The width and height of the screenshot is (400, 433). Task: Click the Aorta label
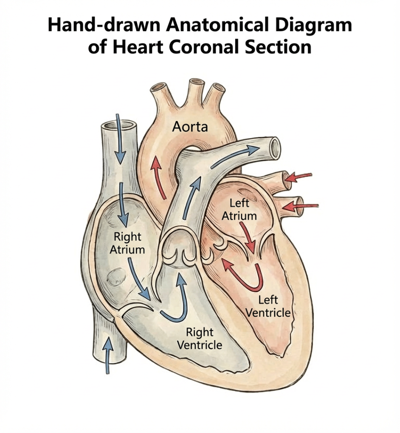[x=190, y=126]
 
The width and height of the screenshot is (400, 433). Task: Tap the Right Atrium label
[x=127, y=243]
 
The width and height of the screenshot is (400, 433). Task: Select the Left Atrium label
[x=240, y=209]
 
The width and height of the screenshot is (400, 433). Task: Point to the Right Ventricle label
[x=199, y=338]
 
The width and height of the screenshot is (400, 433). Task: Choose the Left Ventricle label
[x=268, y=307]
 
